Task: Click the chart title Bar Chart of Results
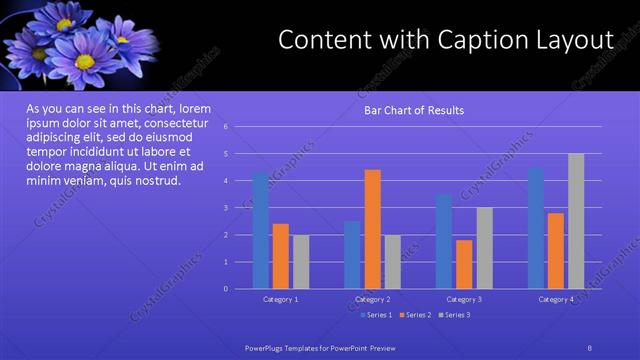(413, 110)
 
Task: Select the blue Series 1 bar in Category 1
(260, 230)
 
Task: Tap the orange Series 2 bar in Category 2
(372, 229)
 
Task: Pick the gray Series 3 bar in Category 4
(576, 221)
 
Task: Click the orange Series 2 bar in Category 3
(464, 264)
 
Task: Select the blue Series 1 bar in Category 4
(536, 228)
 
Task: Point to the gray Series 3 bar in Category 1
(301, 262)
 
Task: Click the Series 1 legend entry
(376, 315)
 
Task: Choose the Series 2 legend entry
(417, 315)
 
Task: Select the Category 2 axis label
(372, 299)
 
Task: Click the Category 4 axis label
(556, 299)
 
